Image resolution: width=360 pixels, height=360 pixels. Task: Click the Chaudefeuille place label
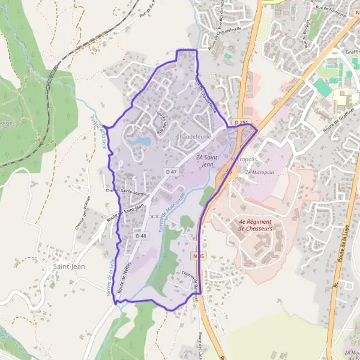194,137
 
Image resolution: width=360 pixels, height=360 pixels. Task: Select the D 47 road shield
171,172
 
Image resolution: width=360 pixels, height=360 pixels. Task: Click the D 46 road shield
141,236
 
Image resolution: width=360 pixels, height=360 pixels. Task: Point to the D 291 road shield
241,122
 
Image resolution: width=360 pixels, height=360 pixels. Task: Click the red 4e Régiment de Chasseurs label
255,224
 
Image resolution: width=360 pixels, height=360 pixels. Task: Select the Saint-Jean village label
67,265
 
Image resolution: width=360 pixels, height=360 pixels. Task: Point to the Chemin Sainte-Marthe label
126,192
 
